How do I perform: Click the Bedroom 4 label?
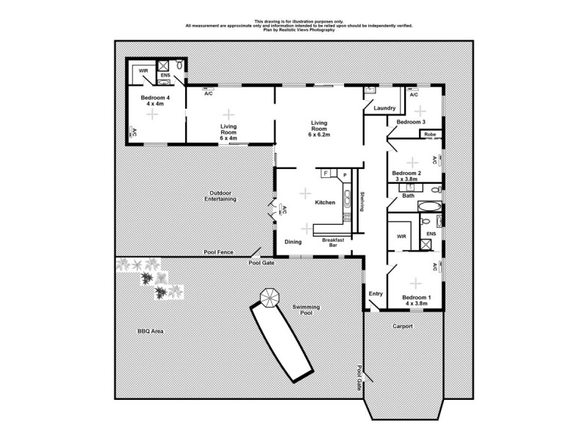[x=155, y=98]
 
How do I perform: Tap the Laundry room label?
[x=384, y=109]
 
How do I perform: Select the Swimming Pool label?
[x=302, y=309]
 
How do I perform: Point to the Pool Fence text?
[x=218, y=252]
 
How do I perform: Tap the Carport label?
[x=402, y=326]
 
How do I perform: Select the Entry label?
[x=376, y=294]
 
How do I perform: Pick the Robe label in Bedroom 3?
[x=429, y=135]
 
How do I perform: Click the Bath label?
[x=409, y=196]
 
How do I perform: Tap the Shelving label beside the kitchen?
[x=362, y=201]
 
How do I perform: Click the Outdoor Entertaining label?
[x=220, y=196]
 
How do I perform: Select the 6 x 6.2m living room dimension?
[x=319, y=135]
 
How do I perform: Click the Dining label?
[x=293, y=241]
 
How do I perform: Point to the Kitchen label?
[x=325, y=202]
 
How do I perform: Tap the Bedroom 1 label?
[x=417, y=298]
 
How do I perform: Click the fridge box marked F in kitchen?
[x=326, y=173]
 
